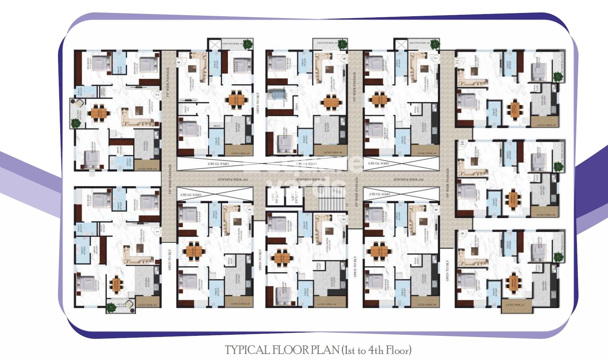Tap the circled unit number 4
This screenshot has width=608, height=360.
tap(179, 62)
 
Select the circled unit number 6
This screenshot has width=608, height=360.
tap(344, 58)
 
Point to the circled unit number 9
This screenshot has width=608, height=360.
tap(463, 234)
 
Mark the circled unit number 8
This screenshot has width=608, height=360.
tap(436, 210)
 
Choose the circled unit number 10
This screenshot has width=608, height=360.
tap(462, 143)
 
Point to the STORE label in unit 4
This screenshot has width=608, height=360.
tap(216, 126)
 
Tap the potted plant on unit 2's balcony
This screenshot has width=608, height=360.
tap(76, 123)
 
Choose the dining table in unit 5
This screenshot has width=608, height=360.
tap(282, 258)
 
